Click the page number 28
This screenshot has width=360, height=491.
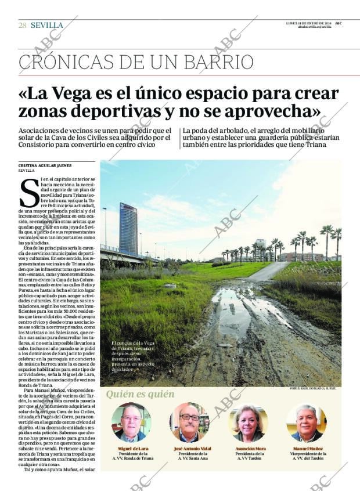tap(22, 25)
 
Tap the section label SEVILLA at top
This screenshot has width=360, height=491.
tap(47, 25)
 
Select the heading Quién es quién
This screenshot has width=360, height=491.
tap(140, 395)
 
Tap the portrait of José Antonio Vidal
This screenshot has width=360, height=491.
tap(189, 423)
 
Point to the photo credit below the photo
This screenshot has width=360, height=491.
tap(312, 388)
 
